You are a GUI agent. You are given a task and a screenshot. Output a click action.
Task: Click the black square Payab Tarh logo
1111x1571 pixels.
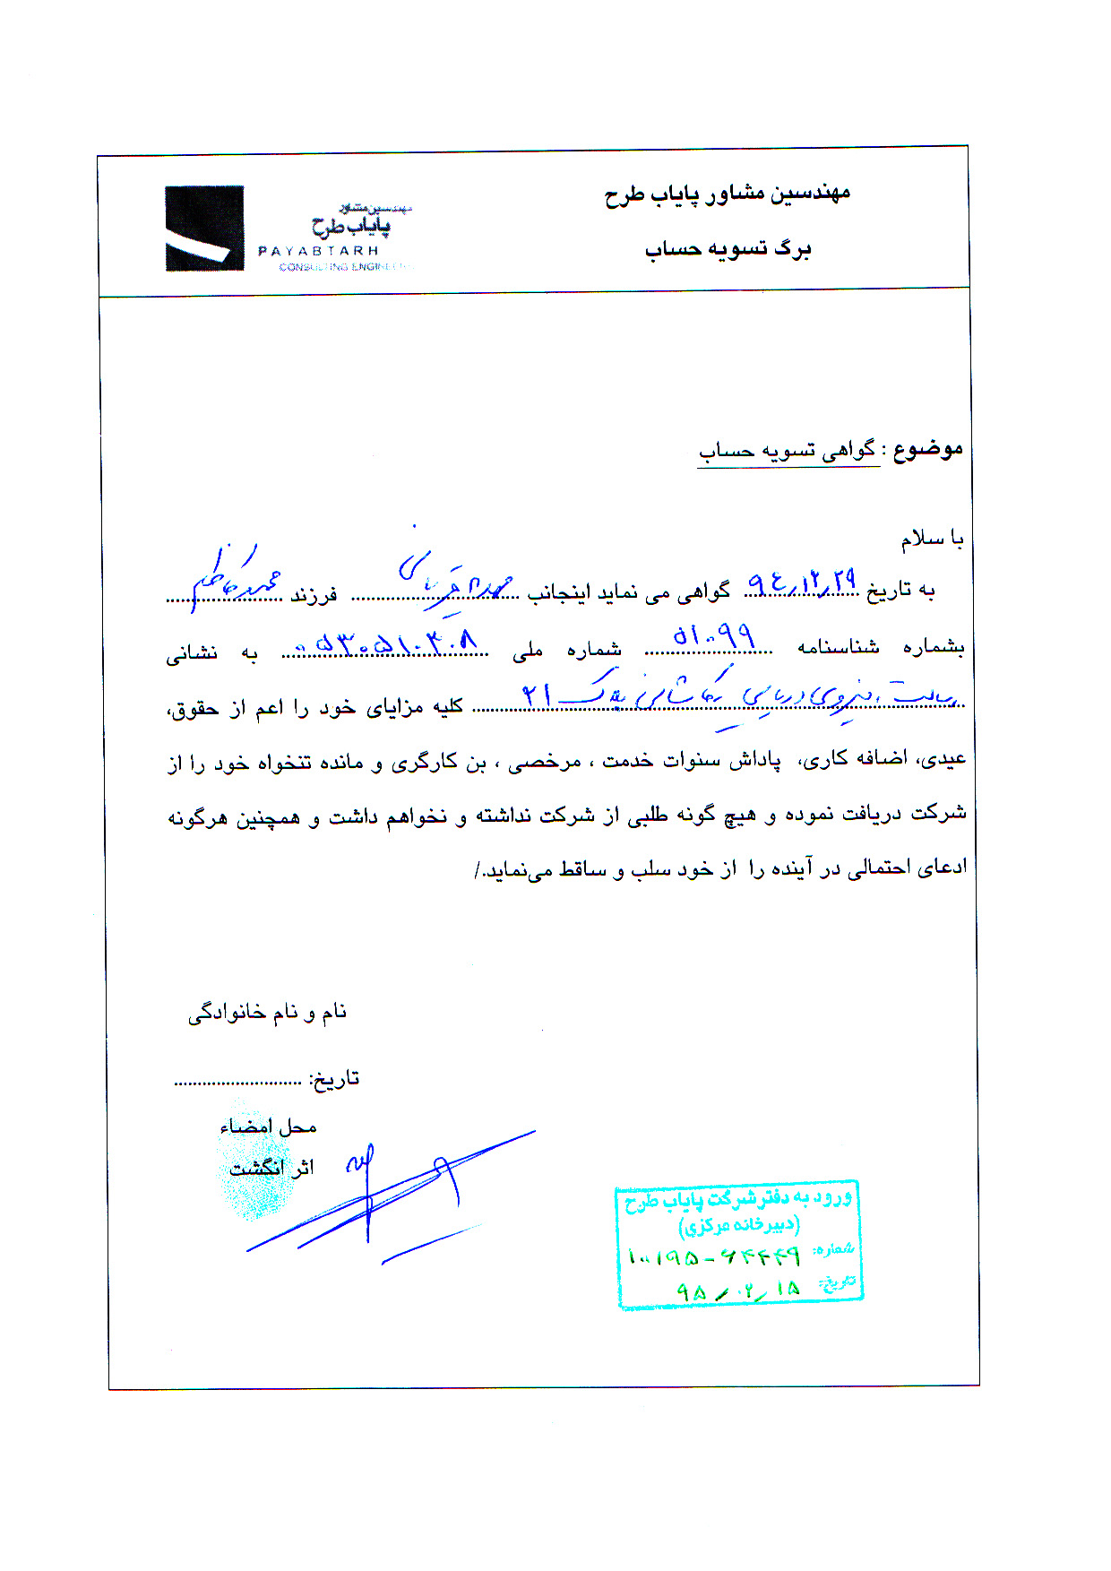pos(204,228)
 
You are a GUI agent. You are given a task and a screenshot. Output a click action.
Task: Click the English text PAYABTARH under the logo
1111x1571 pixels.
pos(318,251)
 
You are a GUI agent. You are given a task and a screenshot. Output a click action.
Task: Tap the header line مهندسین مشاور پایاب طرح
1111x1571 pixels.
pos(727,194)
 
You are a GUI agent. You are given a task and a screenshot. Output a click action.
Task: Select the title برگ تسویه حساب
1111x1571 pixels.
pos(728,248)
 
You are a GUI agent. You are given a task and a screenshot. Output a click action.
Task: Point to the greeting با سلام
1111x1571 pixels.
pos(932,539)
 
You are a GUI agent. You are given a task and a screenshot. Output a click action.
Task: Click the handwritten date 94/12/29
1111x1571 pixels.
pos(801,584)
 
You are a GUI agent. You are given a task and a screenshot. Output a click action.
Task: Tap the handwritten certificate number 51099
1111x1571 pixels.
pos(713,638)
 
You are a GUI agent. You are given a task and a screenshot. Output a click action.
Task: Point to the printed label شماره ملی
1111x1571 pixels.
pos(567,650)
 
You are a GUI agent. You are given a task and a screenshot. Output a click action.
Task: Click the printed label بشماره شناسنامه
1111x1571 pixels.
pos(881,647)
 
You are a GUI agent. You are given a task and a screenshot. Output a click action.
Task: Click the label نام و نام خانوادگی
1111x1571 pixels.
pos(267,1013)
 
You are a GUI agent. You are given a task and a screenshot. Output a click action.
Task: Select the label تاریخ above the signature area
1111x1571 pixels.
pos(334,1078)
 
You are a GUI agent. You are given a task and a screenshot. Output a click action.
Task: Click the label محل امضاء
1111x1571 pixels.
pos(268,1126)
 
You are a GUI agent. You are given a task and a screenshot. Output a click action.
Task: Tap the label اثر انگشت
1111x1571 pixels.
pos(271,1168)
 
